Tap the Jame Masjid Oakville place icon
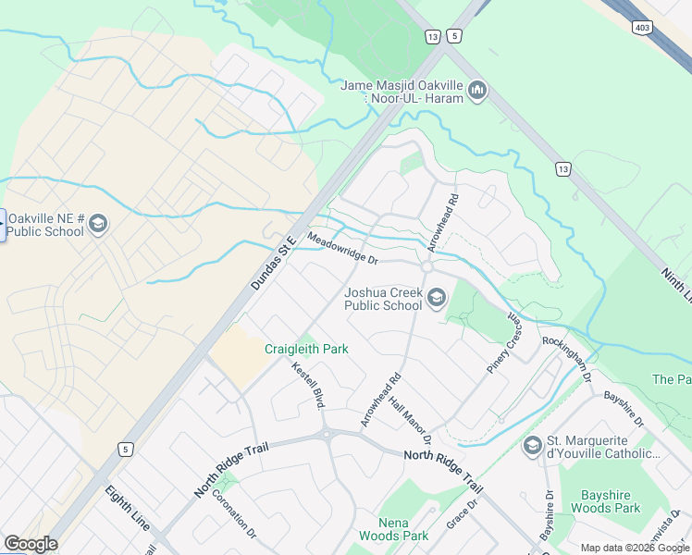tap(478, 90)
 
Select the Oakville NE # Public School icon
tap(99, 224)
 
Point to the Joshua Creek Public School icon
tap(437, 297)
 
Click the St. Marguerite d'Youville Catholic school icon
tap(532, 446)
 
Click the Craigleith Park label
tap(306, 349)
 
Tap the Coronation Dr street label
tap(234, 514)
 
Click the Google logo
tap(31, 544)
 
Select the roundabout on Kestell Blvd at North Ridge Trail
tap(326, 434)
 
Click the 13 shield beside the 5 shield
tap(432, 36)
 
